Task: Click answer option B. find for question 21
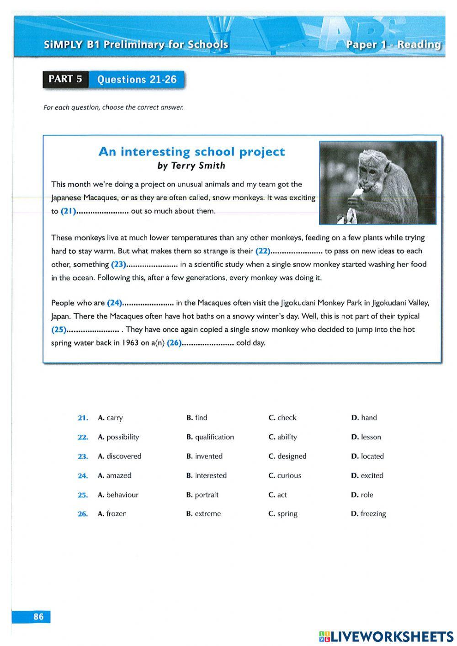[x=197, y=417]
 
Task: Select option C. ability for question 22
[x=282, y=437]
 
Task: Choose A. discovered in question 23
[x=119, y=456]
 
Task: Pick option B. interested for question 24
[x=206, y=475]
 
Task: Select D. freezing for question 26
[x=368, y=514]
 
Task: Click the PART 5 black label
[x=65, y=79]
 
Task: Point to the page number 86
[x=38, y=617]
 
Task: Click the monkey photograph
[x=377, y=182]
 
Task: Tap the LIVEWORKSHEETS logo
[x=386, y=636]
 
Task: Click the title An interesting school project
[x=191, y=152]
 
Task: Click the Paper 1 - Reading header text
[x=393, y=44]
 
